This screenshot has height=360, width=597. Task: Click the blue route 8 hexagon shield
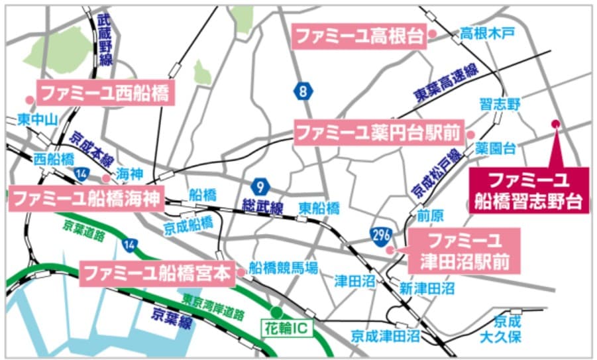click(x=303, y=91)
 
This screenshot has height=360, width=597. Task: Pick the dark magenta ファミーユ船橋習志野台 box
click(x=528, y=190)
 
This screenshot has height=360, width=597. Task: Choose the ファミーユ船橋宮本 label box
click(x=157, y=272)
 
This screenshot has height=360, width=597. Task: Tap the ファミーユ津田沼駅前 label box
click(x=463, y=251)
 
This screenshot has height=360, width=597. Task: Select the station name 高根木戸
click(x=487, y=33)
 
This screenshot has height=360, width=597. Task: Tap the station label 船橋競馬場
click(x=283, y=268)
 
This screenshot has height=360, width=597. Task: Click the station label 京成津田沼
click(x=386, y=336)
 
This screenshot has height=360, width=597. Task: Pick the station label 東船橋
click(x=319, y=208)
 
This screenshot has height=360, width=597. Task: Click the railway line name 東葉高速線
click(x=447, y=83)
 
